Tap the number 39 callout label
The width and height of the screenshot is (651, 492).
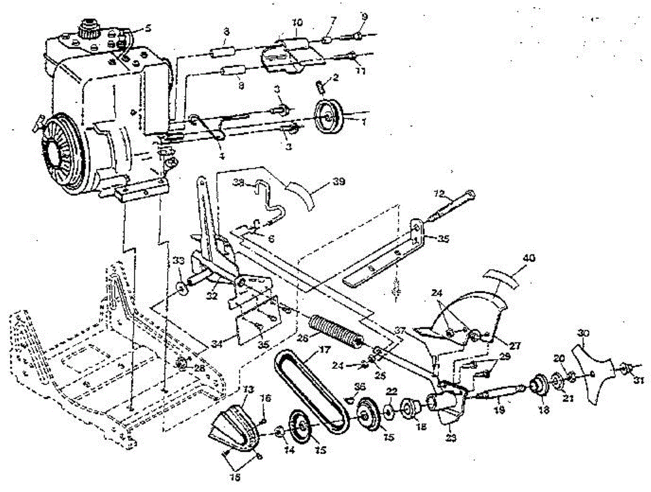[340, 181]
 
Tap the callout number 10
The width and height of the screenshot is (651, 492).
[297, 23]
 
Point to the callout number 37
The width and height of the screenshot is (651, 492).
[400, 330]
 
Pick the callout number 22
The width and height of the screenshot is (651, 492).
[392, 391]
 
